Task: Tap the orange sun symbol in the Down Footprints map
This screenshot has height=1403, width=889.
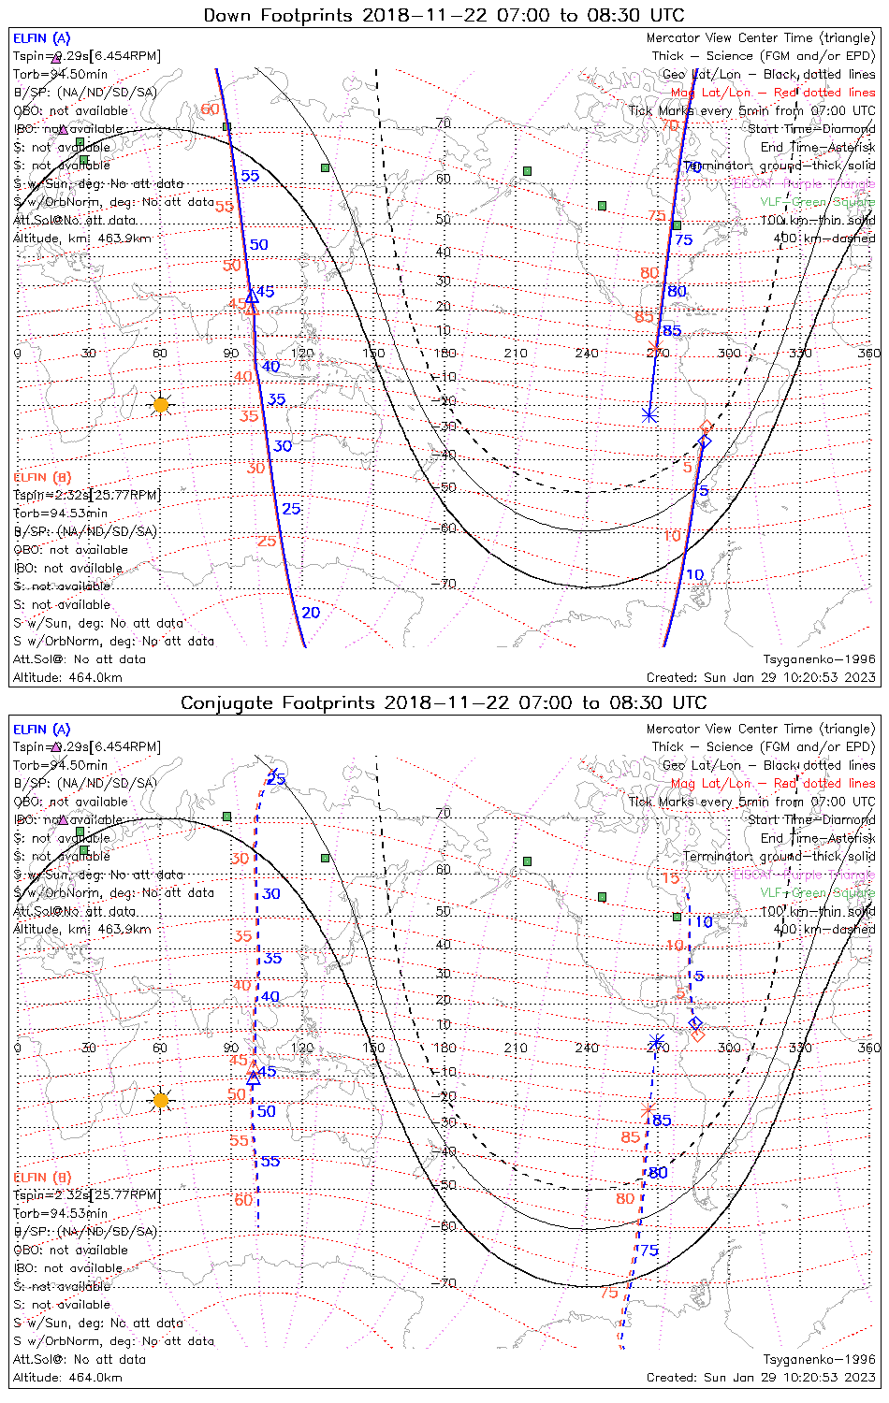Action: pyautogui.click(x=160, y=405)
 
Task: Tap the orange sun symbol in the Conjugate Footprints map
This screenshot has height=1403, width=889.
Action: pyautogui.click(x=160, y=1100)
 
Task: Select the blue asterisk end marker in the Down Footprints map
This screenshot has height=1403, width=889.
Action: pyautogui.click(x=649, y=414)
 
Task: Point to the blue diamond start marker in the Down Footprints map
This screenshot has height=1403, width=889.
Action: pyautogui.click(x=705, y=441)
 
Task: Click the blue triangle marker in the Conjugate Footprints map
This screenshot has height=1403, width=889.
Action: pyautogui.click(x=253, y=1078)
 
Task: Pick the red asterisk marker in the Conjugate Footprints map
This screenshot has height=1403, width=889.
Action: pyautogui.click(x=648, y=1110)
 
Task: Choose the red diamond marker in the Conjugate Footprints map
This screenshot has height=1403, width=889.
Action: pyautogui.click(x=697, y=1034)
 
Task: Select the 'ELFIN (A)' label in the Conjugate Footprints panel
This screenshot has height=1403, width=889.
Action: pyautogui.click(x=42, y=729)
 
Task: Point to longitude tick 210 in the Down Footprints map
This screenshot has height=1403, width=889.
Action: pyautogui.click(x=516, y=354)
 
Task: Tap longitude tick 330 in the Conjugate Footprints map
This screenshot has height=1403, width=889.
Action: pyautogui.click(x=800, y=1048)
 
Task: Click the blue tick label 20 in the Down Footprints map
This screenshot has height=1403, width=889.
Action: pyautogui.click(x=311, y=613)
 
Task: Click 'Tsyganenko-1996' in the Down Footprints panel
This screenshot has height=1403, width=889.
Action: pyautogui.click(x=819, y=659)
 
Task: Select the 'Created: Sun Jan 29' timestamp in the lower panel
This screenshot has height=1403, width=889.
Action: pyautogui.click(x=761, y=1377)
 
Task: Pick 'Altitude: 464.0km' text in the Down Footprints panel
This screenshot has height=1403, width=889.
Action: pyautogui.click(x=67, y=677)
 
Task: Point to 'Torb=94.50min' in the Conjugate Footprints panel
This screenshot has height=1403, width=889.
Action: pyautogui.click(x=60, y=765)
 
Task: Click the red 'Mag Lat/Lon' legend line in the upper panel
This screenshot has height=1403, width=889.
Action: pyautogui.click(x=773, y=93)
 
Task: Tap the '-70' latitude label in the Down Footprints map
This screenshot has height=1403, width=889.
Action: pyautogui.click(x=445, y=584)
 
